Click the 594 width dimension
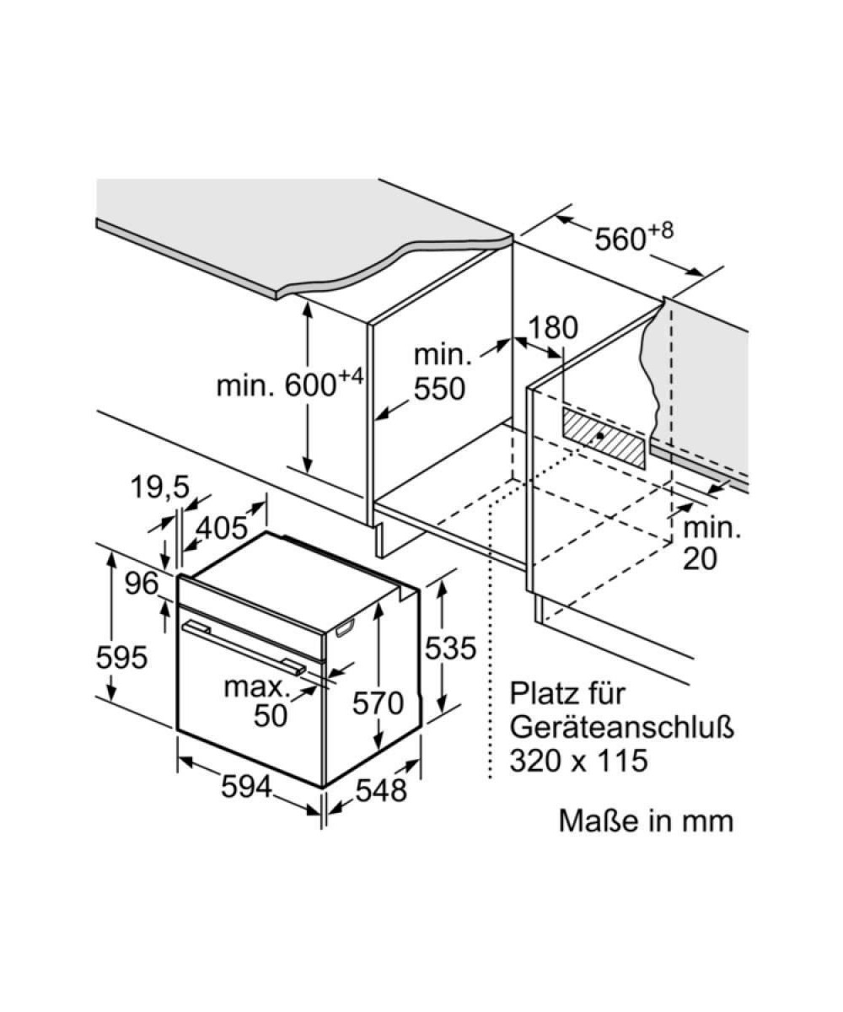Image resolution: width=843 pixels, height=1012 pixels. (247, 787)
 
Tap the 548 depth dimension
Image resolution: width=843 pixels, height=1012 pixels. (379, 790)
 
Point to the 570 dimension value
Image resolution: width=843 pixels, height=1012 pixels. (379, 702)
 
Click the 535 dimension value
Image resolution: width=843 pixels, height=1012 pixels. (450, 648)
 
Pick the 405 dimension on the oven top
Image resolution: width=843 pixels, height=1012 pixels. (221, 528)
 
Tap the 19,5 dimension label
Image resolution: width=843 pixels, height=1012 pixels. (160, 486)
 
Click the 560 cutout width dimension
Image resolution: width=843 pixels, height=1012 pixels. (635, 237)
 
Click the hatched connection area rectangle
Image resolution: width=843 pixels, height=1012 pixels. (604, 437)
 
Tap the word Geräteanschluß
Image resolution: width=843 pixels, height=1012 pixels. (622, 727)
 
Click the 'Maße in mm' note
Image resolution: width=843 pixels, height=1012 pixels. (646, 821)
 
